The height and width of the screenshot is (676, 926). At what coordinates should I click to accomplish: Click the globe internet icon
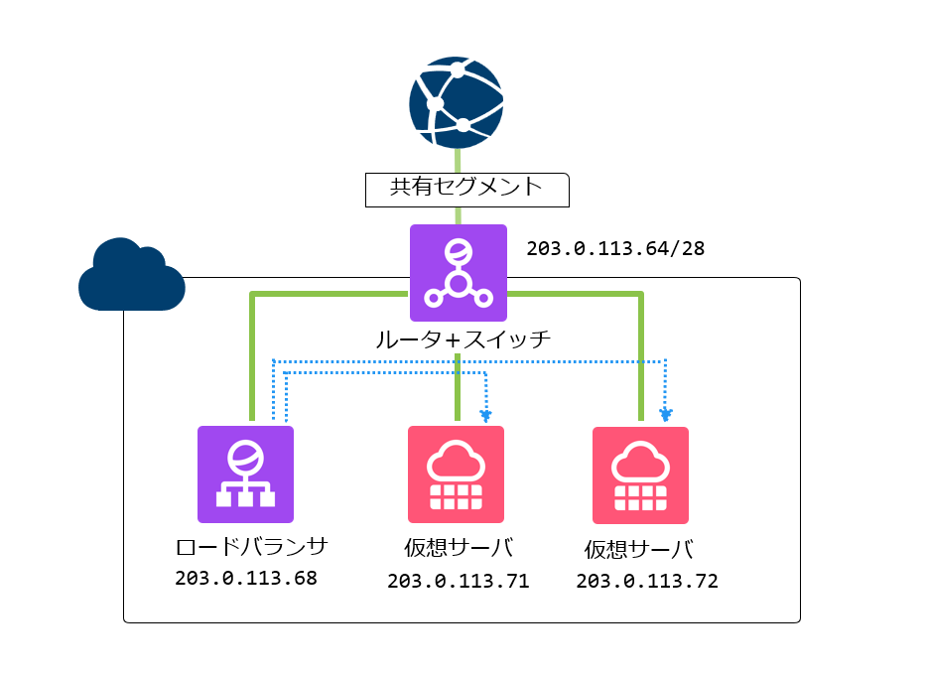[457, 102]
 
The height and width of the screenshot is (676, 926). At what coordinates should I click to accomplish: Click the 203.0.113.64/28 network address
[615, 248]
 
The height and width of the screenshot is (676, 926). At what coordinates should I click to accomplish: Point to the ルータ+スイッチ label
[463, 340]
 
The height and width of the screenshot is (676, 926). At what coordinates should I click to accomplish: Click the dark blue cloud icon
[131, 275]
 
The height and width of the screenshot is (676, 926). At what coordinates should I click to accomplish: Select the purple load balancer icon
[245, 473]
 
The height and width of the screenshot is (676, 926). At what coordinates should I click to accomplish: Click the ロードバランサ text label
[251, 546]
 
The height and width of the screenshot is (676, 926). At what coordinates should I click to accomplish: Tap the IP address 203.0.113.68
[246, 578]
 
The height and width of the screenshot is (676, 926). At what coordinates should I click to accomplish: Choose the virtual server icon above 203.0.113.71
[456, 473]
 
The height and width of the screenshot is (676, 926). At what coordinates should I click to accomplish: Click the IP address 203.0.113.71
[458, 582]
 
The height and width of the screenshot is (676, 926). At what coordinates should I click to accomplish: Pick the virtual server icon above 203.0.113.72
[640, 474]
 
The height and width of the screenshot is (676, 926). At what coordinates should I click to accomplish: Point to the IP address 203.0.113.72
[647, 582]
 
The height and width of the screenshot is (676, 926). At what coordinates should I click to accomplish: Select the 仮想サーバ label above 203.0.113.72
[638, 550]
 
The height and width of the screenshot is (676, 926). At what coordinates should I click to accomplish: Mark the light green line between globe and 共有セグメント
[458, 160]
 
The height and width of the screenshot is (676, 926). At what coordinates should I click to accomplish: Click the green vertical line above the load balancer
[253, 357]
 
